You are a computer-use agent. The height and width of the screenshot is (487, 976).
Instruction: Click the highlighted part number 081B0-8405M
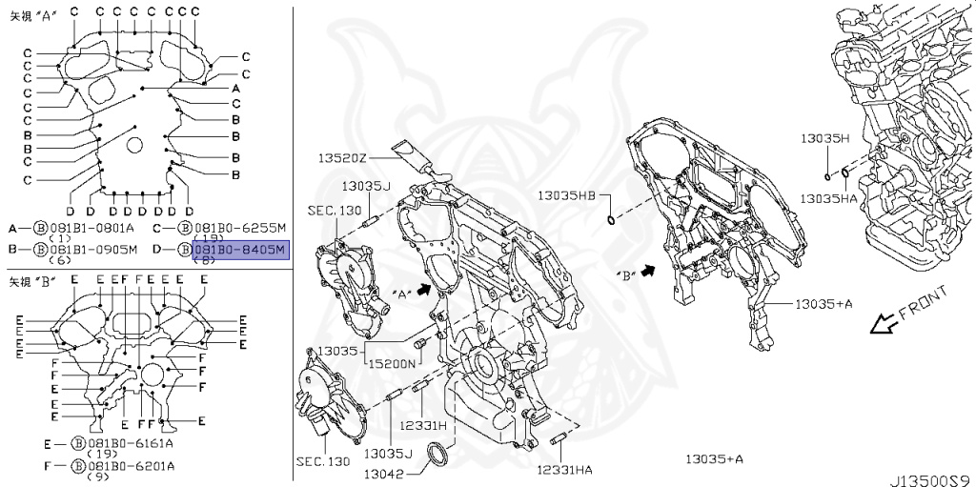click(x=239, y=250)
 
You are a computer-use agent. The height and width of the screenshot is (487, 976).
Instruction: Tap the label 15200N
click(x=392, y=364)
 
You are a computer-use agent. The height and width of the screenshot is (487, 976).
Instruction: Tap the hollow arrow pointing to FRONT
click(x=884, y=325)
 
